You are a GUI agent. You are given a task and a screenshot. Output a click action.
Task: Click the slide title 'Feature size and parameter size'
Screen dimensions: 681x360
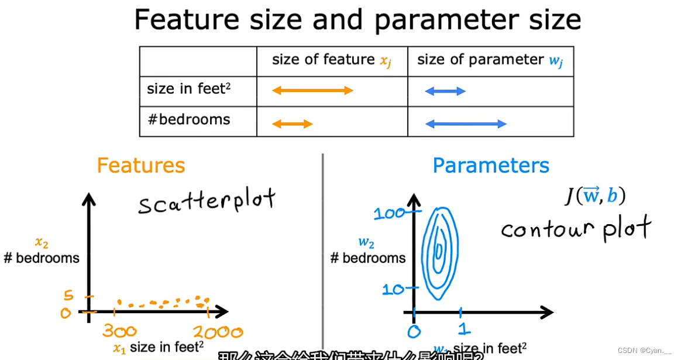click(357, 19)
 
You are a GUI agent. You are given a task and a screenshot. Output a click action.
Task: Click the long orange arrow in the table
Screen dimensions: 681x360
click(312, 90)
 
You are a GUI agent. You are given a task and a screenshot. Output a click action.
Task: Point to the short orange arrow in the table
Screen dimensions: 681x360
click(293, 124)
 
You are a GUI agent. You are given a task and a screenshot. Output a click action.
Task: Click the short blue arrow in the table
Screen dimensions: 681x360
click(445, 91)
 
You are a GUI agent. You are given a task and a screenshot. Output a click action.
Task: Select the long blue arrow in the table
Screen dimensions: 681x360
click(466, 124)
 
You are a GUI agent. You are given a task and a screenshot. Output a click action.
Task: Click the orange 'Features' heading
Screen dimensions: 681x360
click(141, 166)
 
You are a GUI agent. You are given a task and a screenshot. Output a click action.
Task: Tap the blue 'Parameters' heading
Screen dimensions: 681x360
click(491, 166)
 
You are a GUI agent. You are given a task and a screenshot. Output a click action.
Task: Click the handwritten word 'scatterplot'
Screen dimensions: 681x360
click(207, 201)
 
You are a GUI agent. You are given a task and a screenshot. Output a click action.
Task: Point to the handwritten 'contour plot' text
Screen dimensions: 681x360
click(576, 228)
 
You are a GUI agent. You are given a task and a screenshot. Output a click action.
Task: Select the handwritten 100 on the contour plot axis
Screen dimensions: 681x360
click(390, 213)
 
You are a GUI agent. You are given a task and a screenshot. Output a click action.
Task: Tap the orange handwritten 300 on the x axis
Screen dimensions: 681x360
click(119, 332)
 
